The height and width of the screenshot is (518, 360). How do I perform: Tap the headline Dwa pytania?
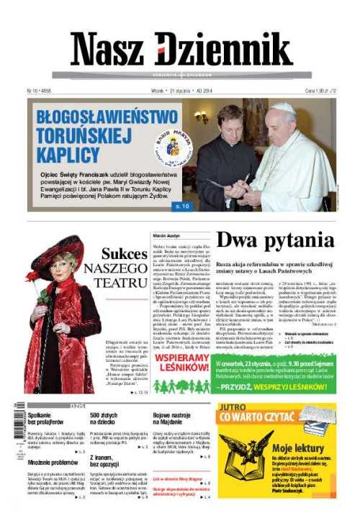276,240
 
